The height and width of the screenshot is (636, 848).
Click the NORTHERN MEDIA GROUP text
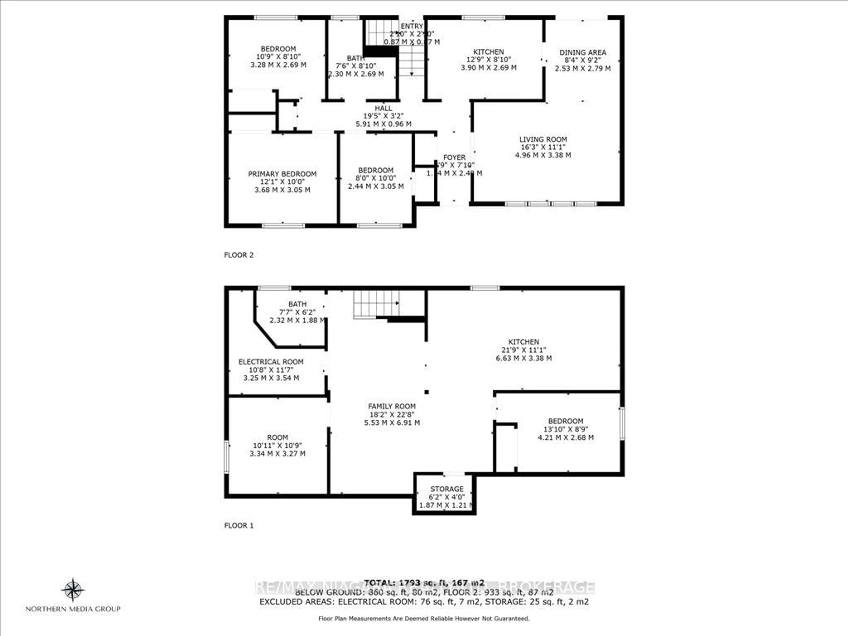[73, 609]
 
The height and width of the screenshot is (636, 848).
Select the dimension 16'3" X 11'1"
[543, 147]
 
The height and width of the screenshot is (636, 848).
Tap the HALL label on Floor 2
[383, 108]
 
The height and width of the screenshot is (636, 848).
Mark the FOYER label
[454, 157]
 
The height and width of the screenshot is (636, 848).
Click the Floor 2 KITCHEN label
[488, 52]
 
